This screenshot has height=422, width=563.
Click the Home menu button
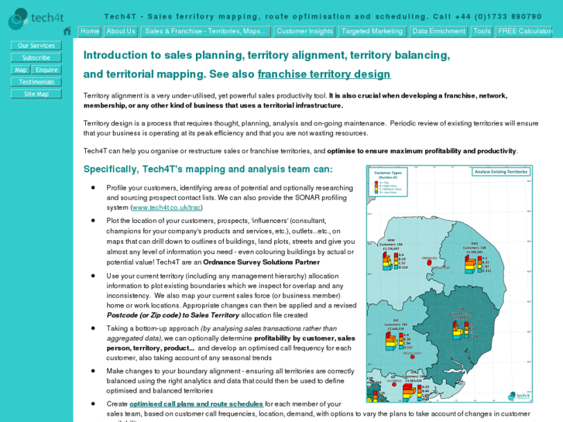click(90, 32)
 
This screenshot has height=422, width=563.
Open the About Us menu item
click(121, 32)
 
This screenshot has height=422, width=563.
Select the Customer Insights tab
click(304, 32)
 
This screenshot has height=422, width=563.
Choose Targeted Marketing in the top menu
click(372, 32)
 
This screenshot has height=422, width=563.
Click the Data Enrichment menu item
click(439, 32)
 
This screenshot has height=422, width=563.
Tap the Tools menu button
click(482, 32)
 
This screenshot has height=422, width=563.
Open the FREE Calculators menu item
click(524, 32)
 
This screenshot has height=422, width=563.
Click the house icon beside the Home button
click(67, 32)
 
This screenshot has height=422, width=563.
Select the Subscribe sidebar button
click(36, 58)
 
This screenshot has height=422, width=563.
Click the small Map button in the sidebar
click(21, 70)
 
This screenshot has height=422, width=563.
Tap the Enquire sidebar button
click(47, 70)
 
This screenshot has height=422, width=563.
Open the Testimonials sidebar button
click(36, 82)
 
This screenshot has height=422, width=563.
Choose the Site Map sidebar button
click(36, 94)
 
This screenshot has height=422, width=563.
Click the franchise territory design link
click(324, 74)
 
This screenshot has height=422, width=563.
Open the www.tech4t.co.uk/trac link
click(166, 208)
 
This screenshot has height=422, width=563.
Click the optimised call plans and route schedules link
click(196, 404)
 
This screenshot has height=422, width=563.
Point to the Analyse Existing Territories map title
click(500, 172)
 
